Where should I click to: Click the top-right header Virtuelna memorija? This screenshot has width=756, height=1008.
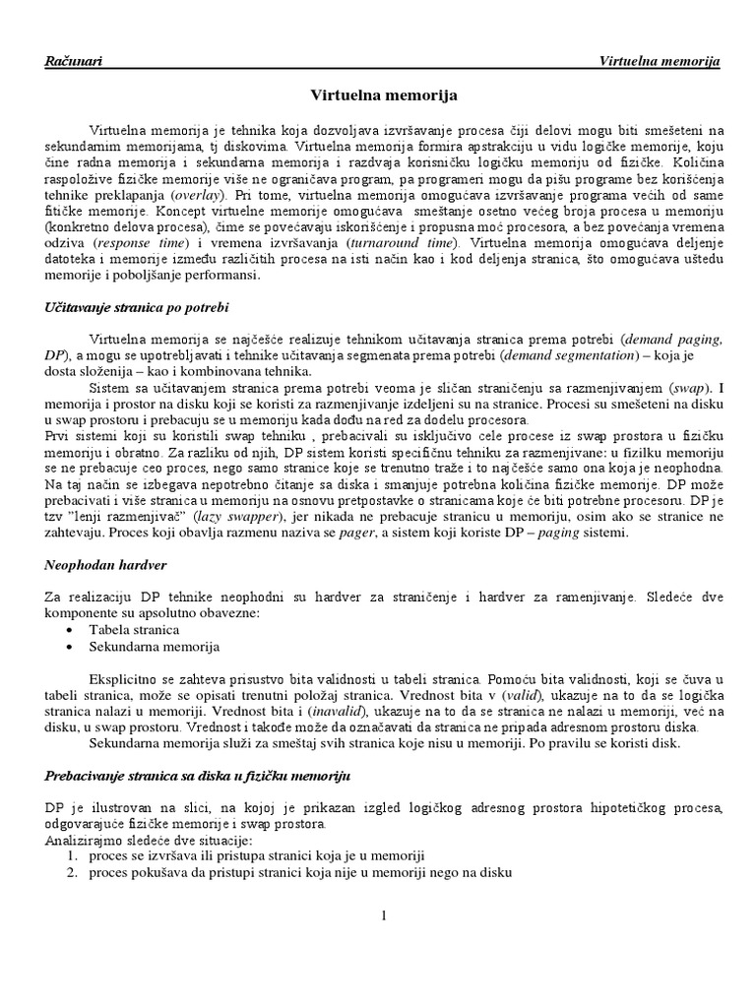[x=660, y=62]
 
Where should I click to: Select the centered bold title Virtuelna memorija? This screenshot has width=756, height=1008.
[x=378, y=96]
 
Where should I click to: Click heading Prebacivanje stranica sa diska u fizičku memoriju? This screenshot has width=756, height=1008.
[x=197, y=777]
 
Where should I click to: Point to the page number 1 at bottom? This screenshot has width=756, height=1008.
[x=384, y=916]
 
